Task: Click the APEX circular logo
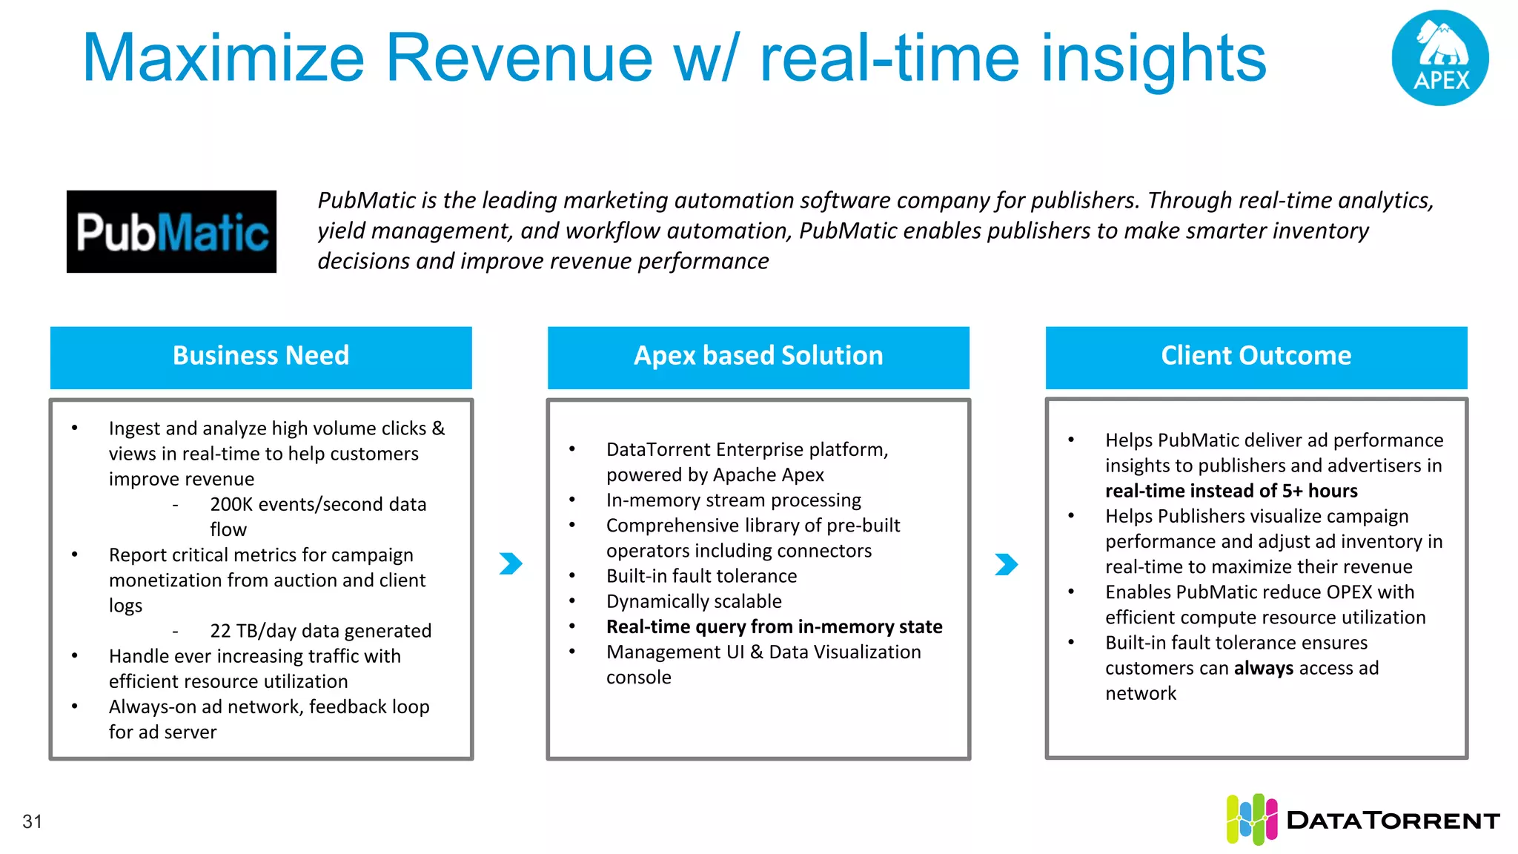coord(1439,58)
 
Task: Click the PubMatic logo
coord(171,231)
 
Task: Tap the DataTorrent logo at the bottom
coord(1362,819)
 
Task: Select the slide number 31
coord(32,821)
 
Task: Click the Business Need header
coord(261,357)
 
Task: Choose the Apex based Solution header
coord(758,357)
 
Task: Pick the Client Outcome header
coord(1256,357)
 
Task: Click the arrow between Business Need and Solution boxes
coord(511,563)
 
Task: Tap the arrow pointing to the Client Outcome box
coord(1006,564)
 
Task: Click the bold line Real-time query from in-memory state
coord(774,627)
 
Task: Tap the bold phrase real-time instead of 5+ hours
coord(1231,491)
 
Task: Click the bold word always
coord(1263,668)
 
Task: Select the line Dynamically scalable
coord(694,601)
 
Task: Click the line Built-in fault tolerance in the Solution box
coord(701,576)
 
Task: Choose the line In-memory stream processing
coord(733,500)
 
